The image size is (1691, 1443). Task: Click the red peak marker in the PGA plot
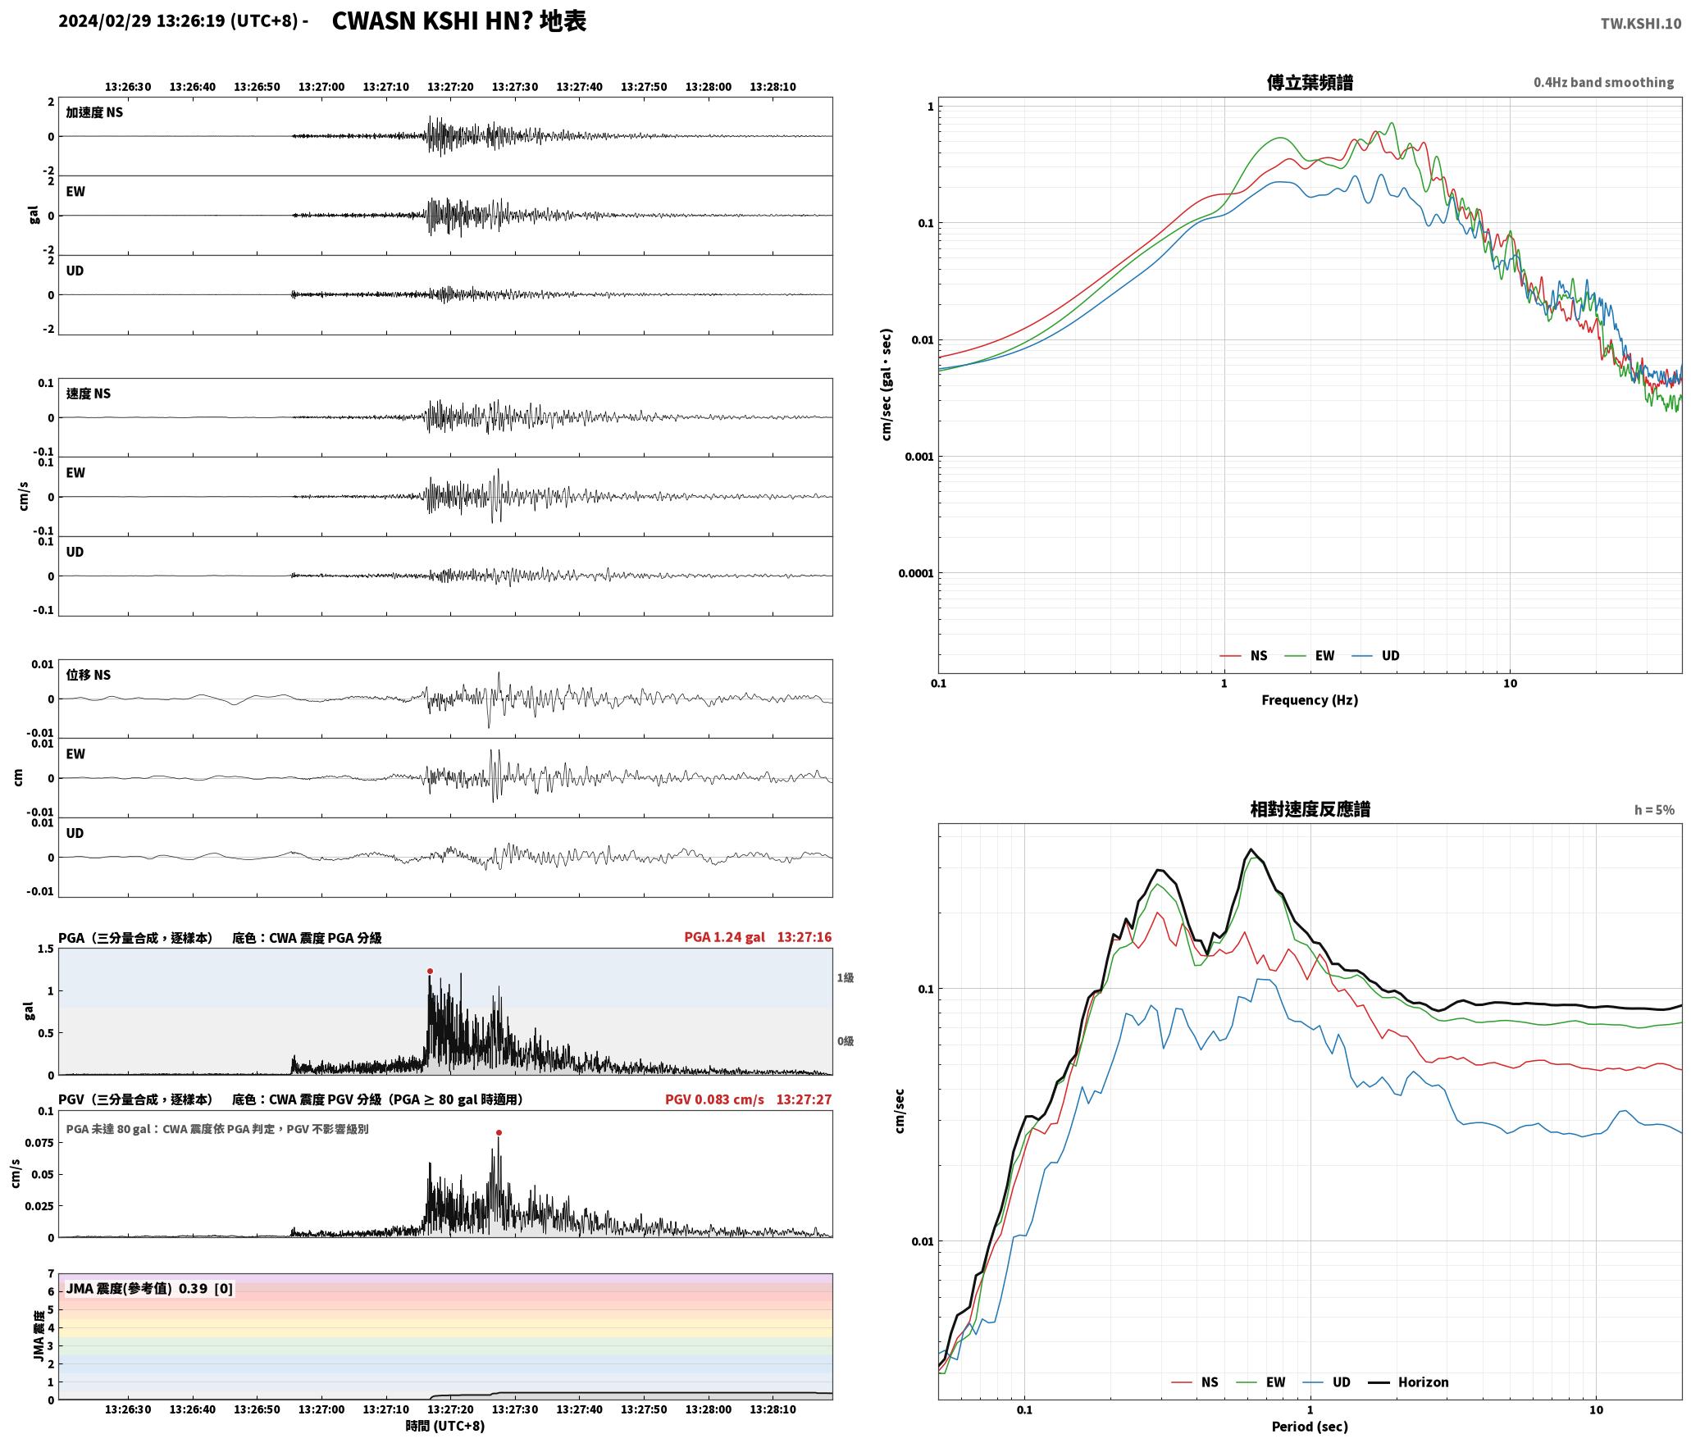click(x=430, y=971)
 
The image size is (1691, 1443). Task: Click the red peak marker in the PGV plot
click(x=499, y=1132)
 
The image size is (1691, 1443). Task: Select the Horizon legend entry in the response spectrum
click(x=1409, y=1382)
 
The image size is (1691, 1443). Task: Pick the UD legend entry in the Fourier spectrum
click(x=1376, y=655)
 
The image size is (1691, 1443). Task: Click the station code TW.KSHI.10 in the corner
click(x=1640, y=23)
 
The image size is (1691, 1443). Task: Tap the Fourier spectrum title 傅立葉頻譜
click(x=1310, y=82)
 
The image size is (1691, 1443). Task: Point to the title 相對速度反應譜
click(x=1310, y=808)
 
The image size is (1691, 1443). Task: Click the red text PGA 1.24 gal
click(x=724, y=936)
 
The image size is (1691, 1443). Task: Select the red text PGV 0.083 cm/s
click(x=714, y=1099)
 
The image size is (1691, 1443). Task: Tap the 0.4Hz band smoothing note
click(x=1603, y=82)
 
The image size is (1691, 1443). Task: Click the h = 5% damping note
click(x=1654, y=809)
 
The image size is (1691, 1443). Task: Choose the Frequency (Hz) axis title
click(x=1310, y=699)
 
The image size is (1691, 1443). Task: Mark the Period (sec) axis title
click(x=1310, y=1426)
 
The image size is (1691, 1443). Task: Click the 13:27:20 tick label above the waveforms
click(x=450, y=86)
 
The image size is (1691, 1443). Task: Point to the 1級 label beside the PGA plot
click(x=845, y=977)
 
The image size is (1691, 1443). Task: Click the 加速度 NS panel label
click(x=94, y=112)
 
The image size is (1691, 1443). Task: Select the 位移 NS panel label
click(x=89, y=675)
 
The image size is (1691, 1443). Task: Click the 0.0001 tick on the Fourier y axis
click(x=915, y=573)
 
